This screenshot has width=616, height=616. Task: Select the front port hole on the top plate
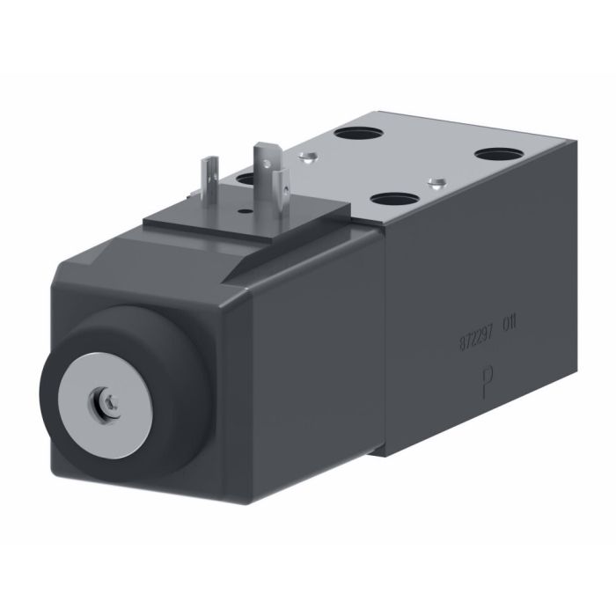[x=392, y=199]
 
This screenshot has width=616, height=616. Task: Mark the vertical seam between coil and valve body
[x=385, y=343]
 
